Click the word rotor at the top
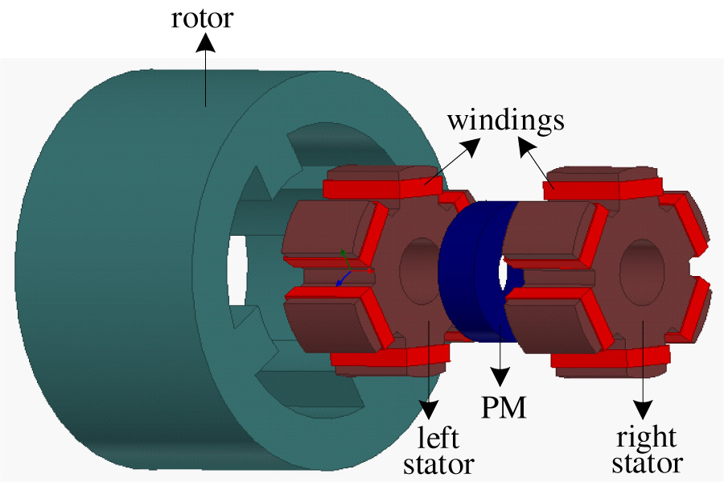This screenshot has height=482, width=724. click(202, 18)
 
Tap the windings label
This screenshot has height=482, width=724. click(505, 121)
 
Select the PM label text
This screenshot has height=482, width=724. click(504, 408)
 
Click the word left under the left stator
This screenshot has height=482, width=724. click(438, 439)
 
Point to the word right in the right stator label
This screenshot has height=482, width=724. click(645, 438)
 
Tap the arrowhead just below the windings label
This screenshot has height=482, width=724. click(525, 145)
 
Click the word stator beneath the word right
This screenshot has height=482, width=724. click(647, 463)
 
